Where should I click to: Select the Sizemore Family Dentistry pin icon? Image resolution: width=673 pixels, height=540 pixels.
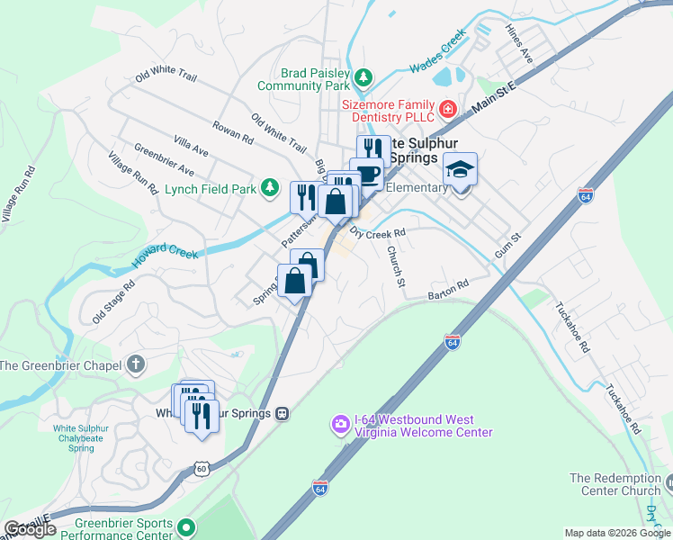[448, 111]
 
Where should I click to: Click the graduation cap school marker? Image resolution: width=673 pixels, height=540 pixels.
[460, 169]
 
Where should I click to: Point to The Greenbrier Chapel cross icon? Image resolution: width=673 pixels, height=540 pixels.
[135, 364]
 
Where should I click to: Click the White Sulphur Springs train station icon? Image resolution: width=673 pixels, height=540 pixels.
[282, 413]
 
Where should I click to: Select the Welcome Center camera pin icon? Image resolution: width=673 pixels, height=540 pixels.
[340, 424]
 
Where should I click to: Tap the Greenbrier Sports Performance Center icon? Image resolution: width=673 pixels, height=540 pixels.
[186, 526]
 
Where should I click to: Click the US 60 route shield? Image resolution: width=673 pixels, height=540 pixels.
[203, 468]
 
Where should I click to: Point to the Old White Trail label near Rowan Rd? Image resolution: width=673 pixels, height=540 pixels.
[280, 132]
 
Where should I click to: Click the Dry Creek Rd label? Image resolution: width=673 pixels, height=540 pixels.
[378, 232]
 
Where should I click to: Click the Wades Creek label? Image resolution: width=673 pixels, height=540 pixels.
[438, 52]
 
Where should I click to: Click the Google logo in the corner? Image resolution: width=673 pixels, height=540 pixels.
[30, 529]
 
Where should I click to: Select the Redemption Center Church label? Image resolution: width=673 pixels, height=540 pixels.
[614, 484]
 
